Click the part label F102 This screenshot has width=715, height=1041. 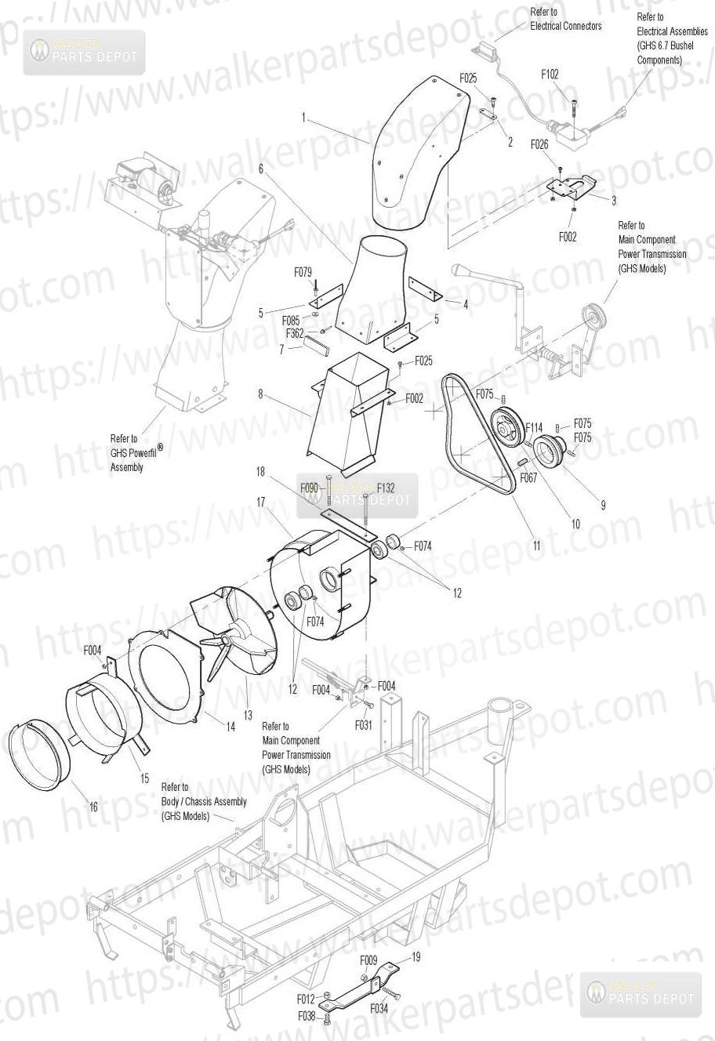[x=550, y=74]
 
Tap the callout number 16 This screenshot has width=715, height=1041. [x=93, y=807]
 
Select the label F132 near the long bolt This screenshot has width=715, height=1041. [x=386, y=488]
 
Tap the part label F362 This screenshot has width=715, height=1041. [x=295, y=333]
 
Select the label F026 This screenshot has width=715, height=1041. [x=539, y=145]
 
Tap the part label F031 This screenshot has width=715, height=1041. [x=364, y=724]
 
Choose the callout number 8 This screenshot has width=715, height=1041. [x=260, y=394]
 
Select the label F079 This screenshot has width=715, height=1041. [x=303, y=272]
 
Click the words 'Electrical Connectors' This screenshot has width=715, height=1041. [x=566, y=26]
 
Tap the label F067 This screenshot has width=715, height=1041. [x=528, y=477]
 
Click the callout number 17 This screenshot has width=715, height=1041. [x=261, y=502]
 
